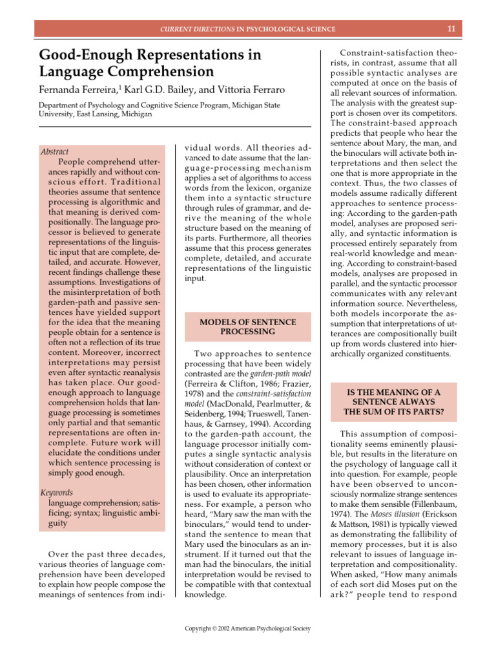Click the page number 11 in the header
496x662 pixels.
(x=451, y=29)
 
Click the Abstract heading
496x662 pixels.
(x=54, y=152)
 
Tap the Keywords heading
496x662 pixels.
(x=57, y=492)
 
